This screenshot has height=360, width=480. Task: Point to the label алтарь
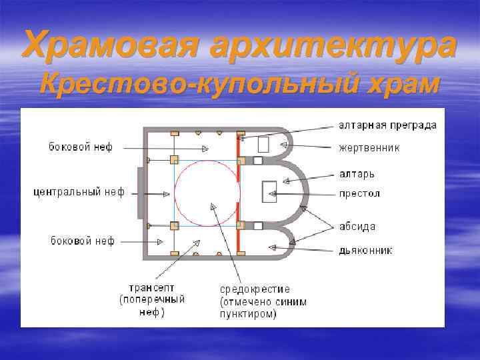357,173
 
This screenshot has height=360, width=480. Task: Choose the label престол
359,194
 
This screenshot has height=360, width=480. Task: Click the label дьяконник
365,251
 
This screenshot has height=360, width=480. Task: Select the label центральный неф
79,193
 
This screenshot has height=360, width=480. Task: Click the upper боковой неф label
81,145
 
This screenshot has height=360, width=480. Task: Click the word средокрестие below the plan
255,289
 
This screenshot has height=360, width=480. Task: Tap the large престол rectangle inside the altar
270,192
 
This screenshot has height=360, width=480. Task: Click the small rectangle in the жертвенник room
263,144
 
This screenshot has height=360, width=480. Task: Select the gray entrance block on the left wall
140,193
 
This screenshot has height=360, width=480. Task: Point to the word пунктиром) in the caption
248,313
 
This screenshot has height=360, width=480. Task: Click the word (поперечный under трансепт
152,300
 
